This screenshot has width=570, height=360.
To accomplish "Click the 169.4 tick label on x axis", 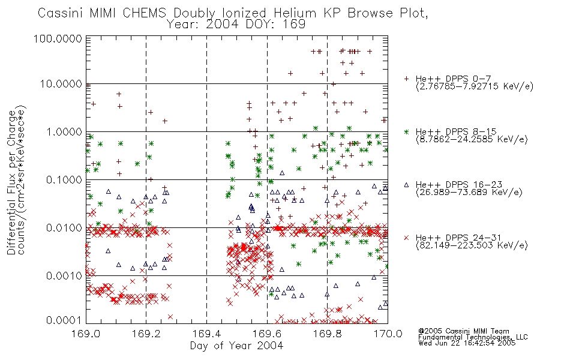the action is [207, 334].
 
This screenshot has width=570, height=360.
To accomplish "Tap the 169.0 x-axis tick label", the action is [86, 334].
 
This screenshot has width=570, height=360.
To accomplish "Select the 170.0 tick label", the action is [388, 334].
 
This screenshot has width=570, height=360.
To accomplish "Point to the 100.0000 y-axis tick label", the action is [58, 38].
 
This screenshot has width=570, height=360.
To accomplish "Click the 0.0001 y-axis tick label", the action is [64, 320].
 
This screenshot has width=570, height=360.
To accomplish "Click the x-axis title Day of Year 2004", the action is [236, 346].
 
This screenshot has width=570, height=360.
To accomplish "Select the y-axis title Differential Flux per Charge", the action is [11, 182].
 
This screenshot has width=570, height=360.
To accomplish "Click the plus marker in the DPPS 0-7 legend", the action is [406, 79].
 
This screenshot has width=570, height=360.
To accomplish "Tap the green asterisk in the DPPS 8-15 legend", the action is [406, 131].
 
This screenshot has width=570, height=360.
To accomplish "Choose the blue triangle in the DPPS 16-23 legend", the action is [406, 185].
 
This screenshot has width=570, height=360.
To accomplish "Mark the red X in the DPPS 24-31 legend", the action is [406, 238].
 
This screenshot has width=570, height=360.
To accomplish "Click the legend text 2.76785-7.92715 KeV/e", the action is [475, 86].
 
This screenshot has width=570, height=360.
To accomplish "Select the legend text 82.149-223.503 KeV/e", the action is [472, 245].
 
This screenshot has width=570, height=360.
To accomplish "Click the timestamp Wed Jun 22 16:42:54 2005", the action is [467, 343].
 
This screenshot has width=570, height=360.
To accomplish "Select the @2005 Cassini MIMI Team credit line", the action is [464, 331].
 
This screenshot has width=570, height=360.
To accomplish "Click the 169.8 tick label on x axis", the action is [327, 334].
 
